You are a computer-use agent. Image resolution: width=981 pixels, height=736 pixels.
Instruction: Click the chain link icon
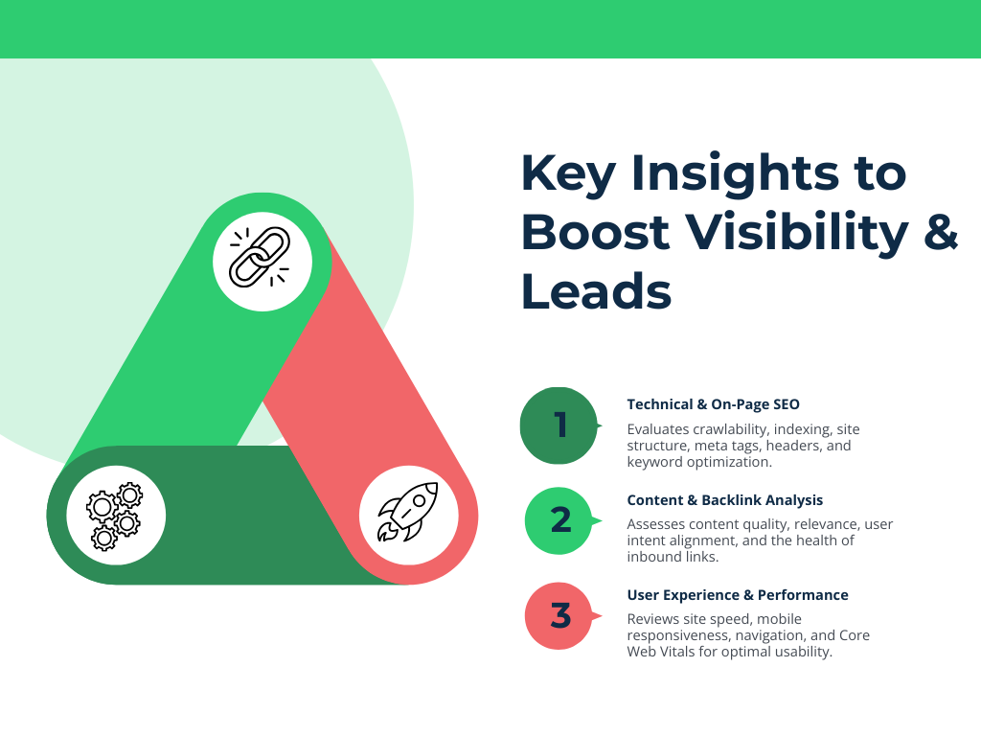pos(260,257)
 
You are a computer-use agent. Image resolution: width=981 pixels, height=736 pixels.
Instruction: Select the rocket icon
pos(408,514)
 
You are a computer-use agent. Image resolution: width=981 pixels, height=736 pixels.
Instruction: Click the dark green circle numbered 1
pos(559,425)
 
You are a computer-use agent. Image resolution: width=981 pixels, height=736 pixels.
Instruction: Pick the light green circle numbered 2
pos(561,520)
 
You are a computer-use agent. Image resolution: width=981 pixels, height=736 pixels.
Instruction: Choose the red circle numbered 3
pos(561,615)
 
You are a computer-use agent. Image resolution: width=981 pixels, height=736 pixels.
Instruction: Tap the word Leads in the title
pos(596,291)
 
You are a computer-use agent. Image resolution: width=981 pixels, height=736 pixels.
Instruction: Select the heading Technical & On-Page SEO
pos(713,404)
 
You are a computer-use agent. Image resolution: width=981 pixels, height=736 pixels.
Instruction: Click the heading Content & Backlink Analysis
pos(724,500)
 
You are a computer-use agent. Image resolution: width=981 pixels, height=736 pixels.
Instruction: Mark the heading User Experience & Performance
pos(738,595)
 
